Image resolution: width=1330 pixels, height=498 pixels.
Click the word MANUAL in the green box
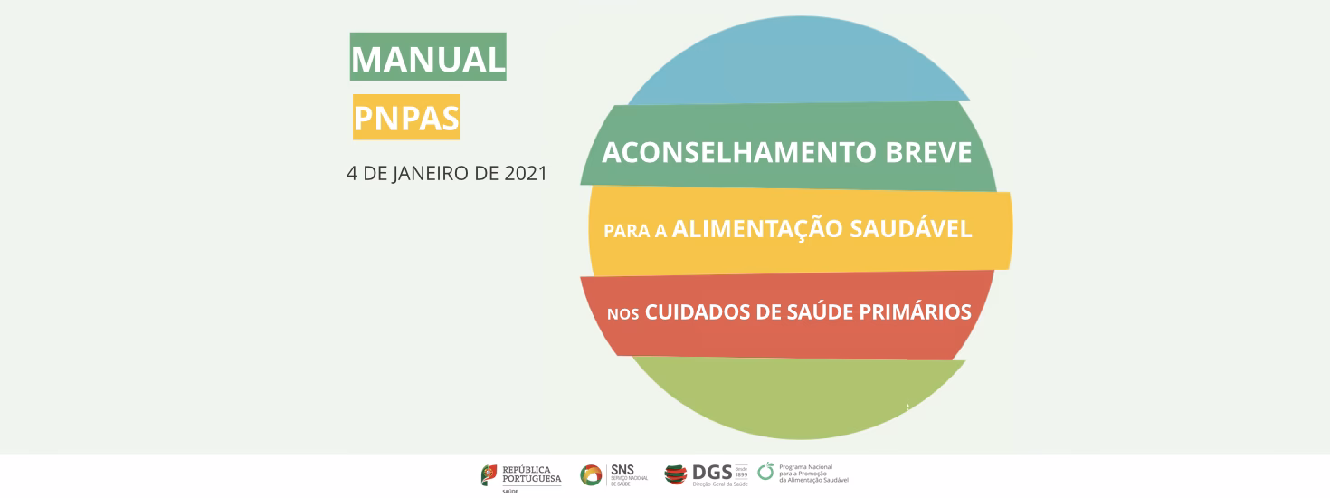428,59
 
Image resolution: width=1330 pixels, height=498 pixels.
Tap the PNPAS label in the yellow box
406,118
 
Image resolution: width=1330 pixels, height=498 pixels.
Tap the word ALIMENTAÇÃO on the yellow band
755,229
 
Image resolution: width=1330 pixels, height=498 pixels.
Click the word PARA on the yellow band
623,231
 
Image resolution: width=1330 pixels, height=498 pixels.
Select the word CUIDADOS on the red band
697,312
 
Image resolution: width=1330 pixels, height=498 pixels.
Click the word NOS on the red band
623,314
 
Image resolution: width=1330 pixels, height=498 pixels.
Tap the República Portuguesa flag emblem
489,474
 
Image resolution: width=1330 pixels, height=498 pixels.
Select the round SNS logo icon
591,474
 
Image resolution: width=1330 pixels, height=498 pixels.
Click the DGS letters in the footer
711,472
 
